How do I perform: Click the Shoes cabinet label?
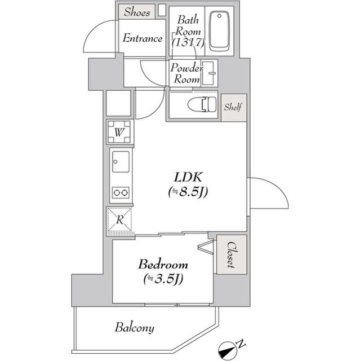tap(137, 12)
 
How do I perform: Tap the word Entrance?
tap(143, 39)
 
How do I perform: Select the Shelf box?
tap(233, 107)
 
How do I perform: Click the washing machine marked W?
tap(121, 133)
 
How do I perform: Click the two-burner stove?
tap(121, 193)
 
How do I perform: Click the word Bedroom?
tap(163, 264)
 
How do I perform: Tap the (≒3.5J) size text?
tap(164, 278)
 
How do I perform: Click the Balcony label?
tap(135, 327)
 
